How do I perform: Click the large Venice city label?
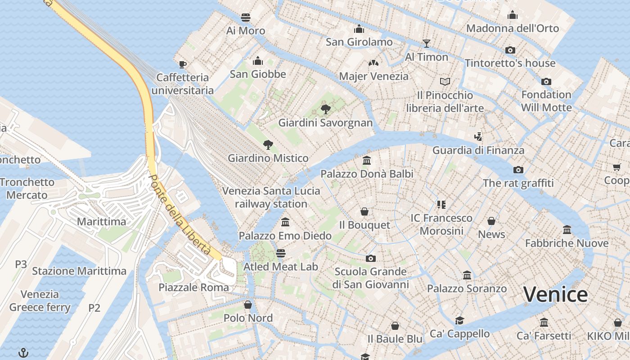(x=555, y=295)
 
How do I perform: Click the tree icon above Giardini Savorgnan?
(x=325, y=109)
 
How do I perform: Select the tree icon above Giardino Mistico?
(x=268, y=144)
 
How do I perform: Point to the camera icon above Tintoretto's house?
(x=510, y=50)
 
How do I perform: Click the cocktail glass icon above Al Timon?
(x=427, y=43)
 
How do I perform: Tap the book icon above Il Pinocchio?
(x=445, y=81)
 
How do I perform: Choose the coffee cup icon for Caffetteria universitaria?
(x=182, y=64)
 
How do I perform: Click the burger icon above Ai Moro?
(x=245, y=17)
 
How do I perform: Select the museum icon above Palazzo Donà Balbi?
(x=366, y=160)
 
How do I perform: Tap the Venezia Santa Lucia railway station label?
(x=271, y=197)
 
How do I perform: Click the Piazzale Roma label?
(x=193, y=287)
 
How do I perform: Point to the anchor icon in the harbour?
(x=23, y=352)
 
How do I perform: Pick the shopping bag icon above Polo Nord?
(x=247, y=305)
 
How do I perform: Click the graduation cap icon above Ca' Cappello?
(x=459, y=320)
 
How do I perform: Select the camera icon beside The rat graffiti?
(x=518, y=170)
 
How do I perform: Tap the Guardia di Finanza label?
(x=478, y=150)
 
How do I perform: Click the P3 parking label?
(x=21, y=264)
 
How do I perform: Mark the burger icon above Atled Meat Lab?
(x=280, y=253)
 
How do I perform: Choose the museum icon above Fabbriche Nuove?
(x=567, y=229)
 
